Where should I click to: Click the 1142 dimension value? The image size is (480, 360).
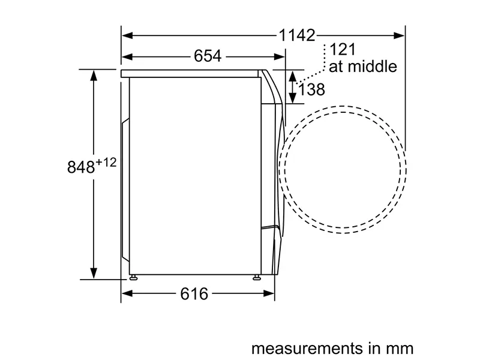pyautogui.click(x=297, y=35)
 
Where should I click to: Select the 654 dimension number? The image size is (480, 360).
pyautogui.click(x=208, y=56)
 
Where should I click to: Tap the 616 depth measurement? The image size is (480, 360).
pyautogui.click(x=194, y=293)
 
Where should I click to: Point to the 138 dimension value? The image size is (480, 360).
pyautogui.click(x=311, y=89)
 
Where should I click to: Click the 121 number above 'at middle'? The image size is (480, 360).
pyautogui.click(x=343, y=49)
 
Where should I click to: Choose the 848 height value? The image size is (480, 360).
pyautogui.click(x=81, y=167)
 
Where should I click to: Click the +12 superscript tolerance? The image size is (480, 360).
pyautogui.click(x=106, y=162)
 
